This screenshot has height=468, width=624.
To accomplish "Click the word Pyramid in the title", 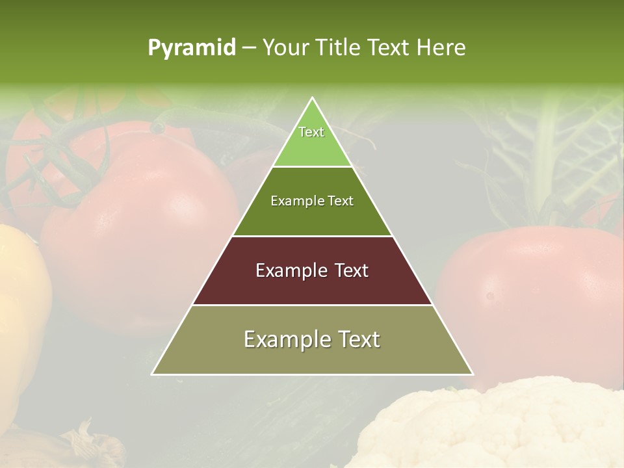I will (x=192, y=48).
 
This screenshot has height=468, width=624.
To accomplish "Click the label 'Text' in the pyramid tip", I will (x=311, y=132).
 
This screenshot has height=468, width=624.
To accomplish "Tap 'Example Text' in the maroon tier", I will (x=312, y=270).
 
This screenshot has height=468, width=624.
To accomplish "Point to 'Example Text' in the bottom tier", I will (x=312, y=339).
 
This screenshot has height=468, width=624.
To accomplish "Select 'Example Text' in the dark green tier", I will (x=312, y=201).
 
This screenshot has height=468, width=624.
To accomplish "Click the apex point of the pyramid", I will (x=312, y=98).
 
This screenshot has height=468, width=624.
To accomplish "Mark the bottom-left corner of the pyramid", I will (x=153, y=374).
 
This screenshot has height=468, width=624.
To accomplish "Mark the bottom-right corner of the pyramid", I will (x=473, y=374).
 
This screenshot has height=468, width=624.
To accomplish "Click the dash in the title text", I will (x=249, y=48).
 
